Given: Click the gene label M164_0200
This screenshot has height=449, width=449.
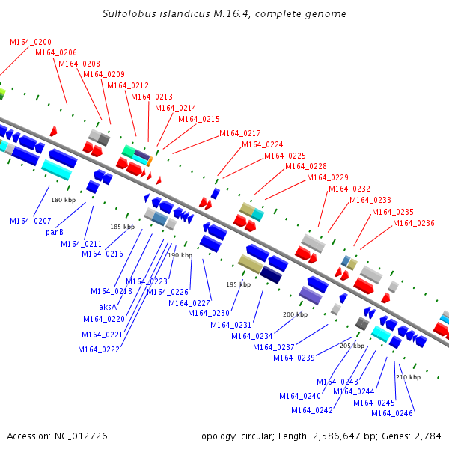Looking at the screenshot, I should pyautogui.click(x=31, y=42).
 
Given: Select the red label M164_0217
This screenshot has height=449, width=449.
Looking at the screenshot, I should pyautogui.click(x=240, y=133).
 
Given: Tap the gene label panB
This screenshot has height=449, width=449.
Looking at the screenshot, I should pyautogui.click(x=54, y=232).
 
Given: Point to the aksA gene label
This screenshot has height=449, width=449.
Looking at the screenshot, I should pyautogui.click(x=108, y=307).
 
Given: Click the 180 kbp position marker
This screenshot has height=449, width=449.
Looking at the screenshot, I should pyautogui.click(x=64, y=200).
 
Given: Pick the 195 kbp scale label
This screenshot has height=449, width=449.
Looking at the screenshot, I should pyautogui.click(x=238, y=284).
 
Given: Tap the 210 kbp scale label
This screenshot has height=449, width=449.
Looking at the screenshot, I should pyautogui.click(x=408, y=377).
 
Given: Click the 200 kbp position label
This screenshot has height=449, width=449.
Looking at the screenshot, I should pyautogui.click(x=295, y=314).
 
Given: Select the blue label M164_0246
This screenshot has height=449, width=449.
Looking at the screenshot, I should pyautogui.click(x=392, y=413).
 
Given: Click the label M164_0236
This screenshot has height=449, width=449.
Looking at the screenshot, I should pyautogui.click(x=414, y=223).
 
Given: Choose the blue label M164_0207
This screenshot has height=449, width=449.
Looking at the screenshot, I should pyautogui.click(x=31, y=221).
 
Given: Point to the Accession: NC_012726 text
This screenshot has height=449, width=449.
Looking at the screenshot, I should pyautogui.click(x=57, y=436).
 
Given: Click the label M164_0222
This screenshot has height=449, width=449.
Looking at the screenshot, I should pyautogui.click(x=99, y=349).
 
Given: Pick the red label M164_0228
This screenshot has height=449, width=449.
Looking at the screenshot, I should pyautogui.click(x=306, y=166).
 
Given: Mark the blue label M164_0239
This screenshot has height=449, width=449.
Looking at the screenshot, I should pyautogui.click(x=294, y=358).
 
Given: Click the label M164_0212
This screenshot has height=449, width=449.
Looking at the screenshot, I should pyautogui.click(x=128, y=85).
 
